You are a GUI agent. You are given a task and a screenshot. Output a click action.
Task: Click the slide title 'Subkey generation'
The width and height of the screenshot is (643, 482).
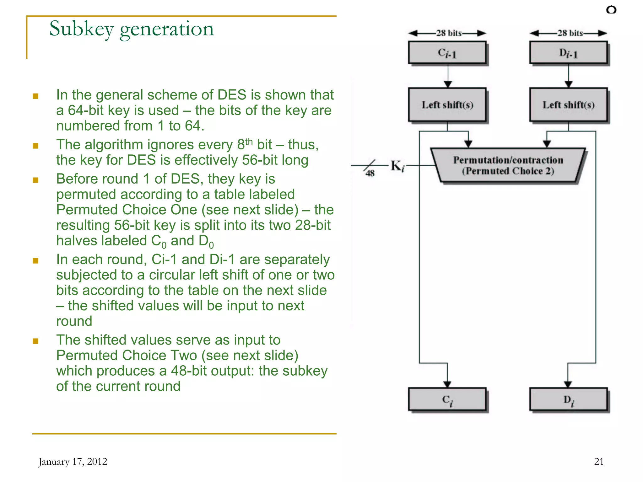[132, 29]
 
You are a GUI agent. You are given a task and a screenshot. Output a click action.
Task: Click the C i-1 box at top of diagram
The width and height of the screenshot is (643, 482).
[447, 53]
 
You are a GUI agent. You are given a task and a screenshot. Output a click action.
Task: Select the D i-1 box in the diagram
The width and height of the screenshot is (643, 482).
[568, 53]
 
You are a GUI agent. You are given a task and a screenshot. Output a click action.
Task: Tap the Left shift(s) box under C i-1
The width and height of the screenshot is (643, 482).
[447, 105]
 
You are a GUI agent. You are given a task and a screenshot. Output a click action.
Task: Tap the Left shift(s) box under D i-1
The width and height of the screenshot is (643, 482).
[568, 105]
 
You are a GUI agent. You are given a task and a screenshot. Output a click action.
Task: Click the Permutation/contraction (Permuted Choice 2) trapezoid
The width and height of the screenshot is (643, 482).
[508, 165]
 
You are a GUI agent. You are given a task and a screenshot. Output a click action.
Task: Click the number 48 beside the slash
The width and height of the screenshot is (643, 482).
[370, 173]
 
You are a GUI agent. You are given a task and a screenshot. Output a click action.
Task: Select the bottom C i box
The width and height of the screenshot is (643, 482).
[447, 399]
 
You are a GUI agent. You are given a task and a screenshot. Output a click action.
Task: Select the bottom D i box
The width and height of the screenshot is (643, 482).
[568, 399]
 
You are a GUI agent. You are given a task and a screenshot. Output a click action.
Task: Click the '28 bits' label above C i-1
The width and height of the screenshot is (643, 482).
[449, 33]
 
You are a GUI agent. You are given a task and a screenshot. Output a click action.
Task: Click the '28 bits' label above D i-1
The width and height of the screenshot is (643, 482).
[570, 33]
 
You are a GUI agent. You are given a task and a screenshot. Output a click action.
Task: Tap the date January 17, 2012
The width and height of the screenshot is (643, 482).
[73, 462]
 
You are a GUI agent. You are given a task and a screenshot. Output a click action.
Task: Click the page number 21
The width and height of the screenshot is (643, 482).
[599, 461]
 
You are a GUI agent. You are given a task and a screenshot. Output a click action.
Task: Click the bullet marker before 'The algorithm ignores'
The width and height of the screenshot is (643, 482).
[35, 146]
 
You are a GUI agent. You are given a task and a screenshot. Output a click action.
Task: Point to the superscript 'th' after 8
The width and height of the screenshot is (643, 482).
[249, 142]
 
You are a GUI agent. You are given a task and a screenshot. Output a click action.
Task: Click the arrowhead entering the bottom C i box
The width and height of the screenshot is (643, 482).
[447, 384]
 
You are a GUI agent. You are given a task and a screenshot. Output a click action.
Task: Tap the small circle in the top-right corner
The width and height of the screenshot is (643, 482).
[611, 10]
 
